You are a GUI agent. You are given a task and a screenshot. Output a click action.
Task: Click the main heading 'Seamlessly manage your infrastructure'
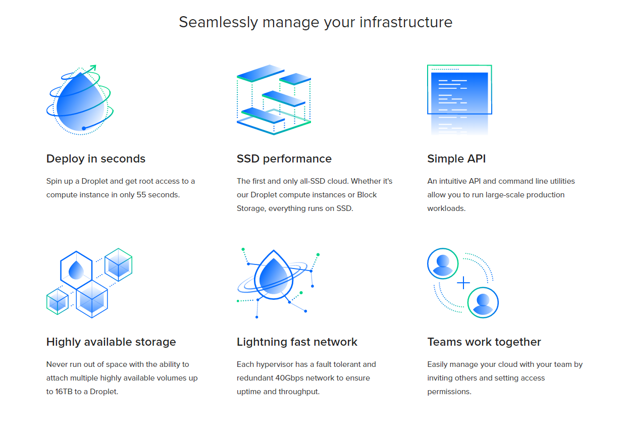coord(316,22)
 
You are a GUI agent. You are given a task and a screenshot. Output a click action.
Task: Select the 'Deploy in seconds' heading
coord(96,158)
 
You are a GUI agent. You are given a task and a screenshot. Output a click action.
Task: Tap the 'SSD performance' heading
coord(284,158)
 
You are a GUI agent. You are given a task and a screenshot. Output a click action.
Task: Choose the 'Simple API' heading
coord(456,158)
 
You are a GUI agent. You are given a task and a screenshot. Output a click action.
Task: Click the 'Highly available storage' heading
coord(111,342)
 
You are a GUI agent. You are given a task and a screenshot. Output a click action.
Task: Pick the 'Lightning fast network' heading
coord(297,342)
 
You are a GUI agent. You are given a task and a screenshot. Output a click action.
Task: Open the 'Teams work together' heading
coord(484,342)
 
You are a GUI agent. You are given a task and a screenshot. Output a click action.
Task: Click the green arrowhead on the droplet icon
coord(93,68)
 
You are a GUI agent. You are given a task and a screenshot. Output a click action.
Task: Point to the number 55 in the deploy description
coord(141,195)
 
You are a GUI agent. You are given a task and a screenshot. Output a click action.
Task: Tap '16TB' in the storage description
coord(64,392)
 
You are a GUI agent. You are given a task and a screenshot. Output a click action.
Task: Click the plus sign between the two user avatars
coord(463,283)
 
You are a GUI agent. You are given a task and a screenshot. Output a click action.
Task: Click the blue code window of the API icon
coord(459,93)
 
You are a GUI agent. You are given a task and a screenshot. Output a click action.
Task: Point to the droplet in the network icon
coord(274,276)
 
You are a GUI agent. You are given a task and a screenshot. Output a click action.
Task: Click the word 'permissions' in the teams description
coord(448,392)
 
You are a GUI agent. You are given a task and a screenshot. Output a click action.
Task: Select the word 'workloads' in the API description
coord(446,208)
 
